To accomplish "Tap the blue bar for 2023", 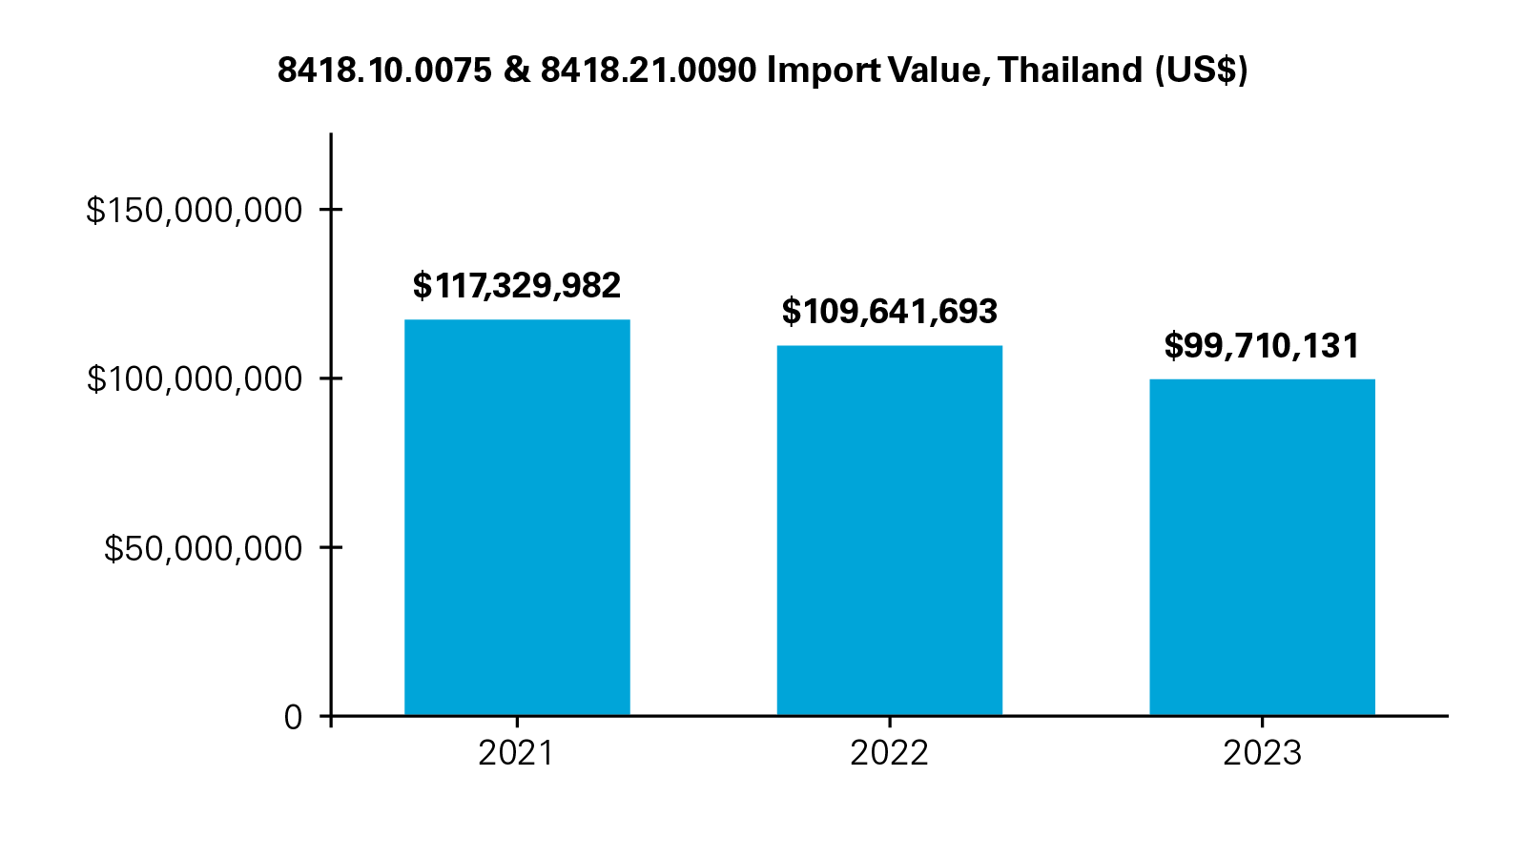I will pos(1262,547).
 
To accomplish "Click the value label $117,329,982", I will pos(517,285).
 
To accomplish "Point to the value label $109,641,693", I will pos(889,311).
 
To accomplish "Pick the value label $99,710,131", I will pos(1262,345).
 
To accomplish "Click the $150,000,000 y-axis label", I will pos(195,211).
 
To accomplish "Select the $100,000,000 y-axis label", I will pos(195,379).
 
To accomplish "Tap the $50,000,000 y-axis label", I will pos(203,548).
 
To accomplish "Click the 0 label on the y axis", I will pos(293,717).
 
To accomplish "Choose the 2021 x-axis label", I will pos(516,754).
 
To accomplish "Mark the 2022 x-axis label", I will pos(889,754).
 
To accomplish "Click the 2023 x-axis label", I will pos(1262,754).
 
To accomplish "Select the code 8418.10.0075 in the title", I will pos(384,71).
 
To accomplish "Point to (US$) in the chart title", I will pos(1201,71).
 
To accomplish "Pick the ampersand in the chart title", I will pos(516,71).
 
